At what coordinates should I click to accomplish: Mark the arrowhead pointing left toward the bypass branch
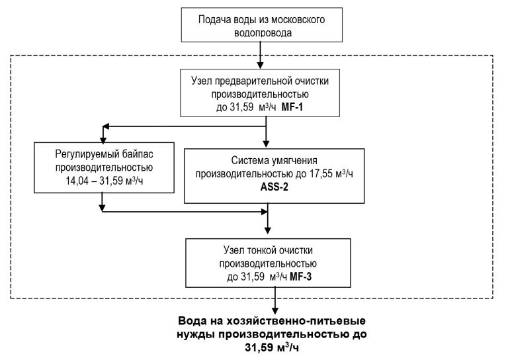pos(104,125)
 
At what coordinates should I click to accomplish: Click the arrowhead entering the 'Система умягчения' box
pos(267,143)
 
